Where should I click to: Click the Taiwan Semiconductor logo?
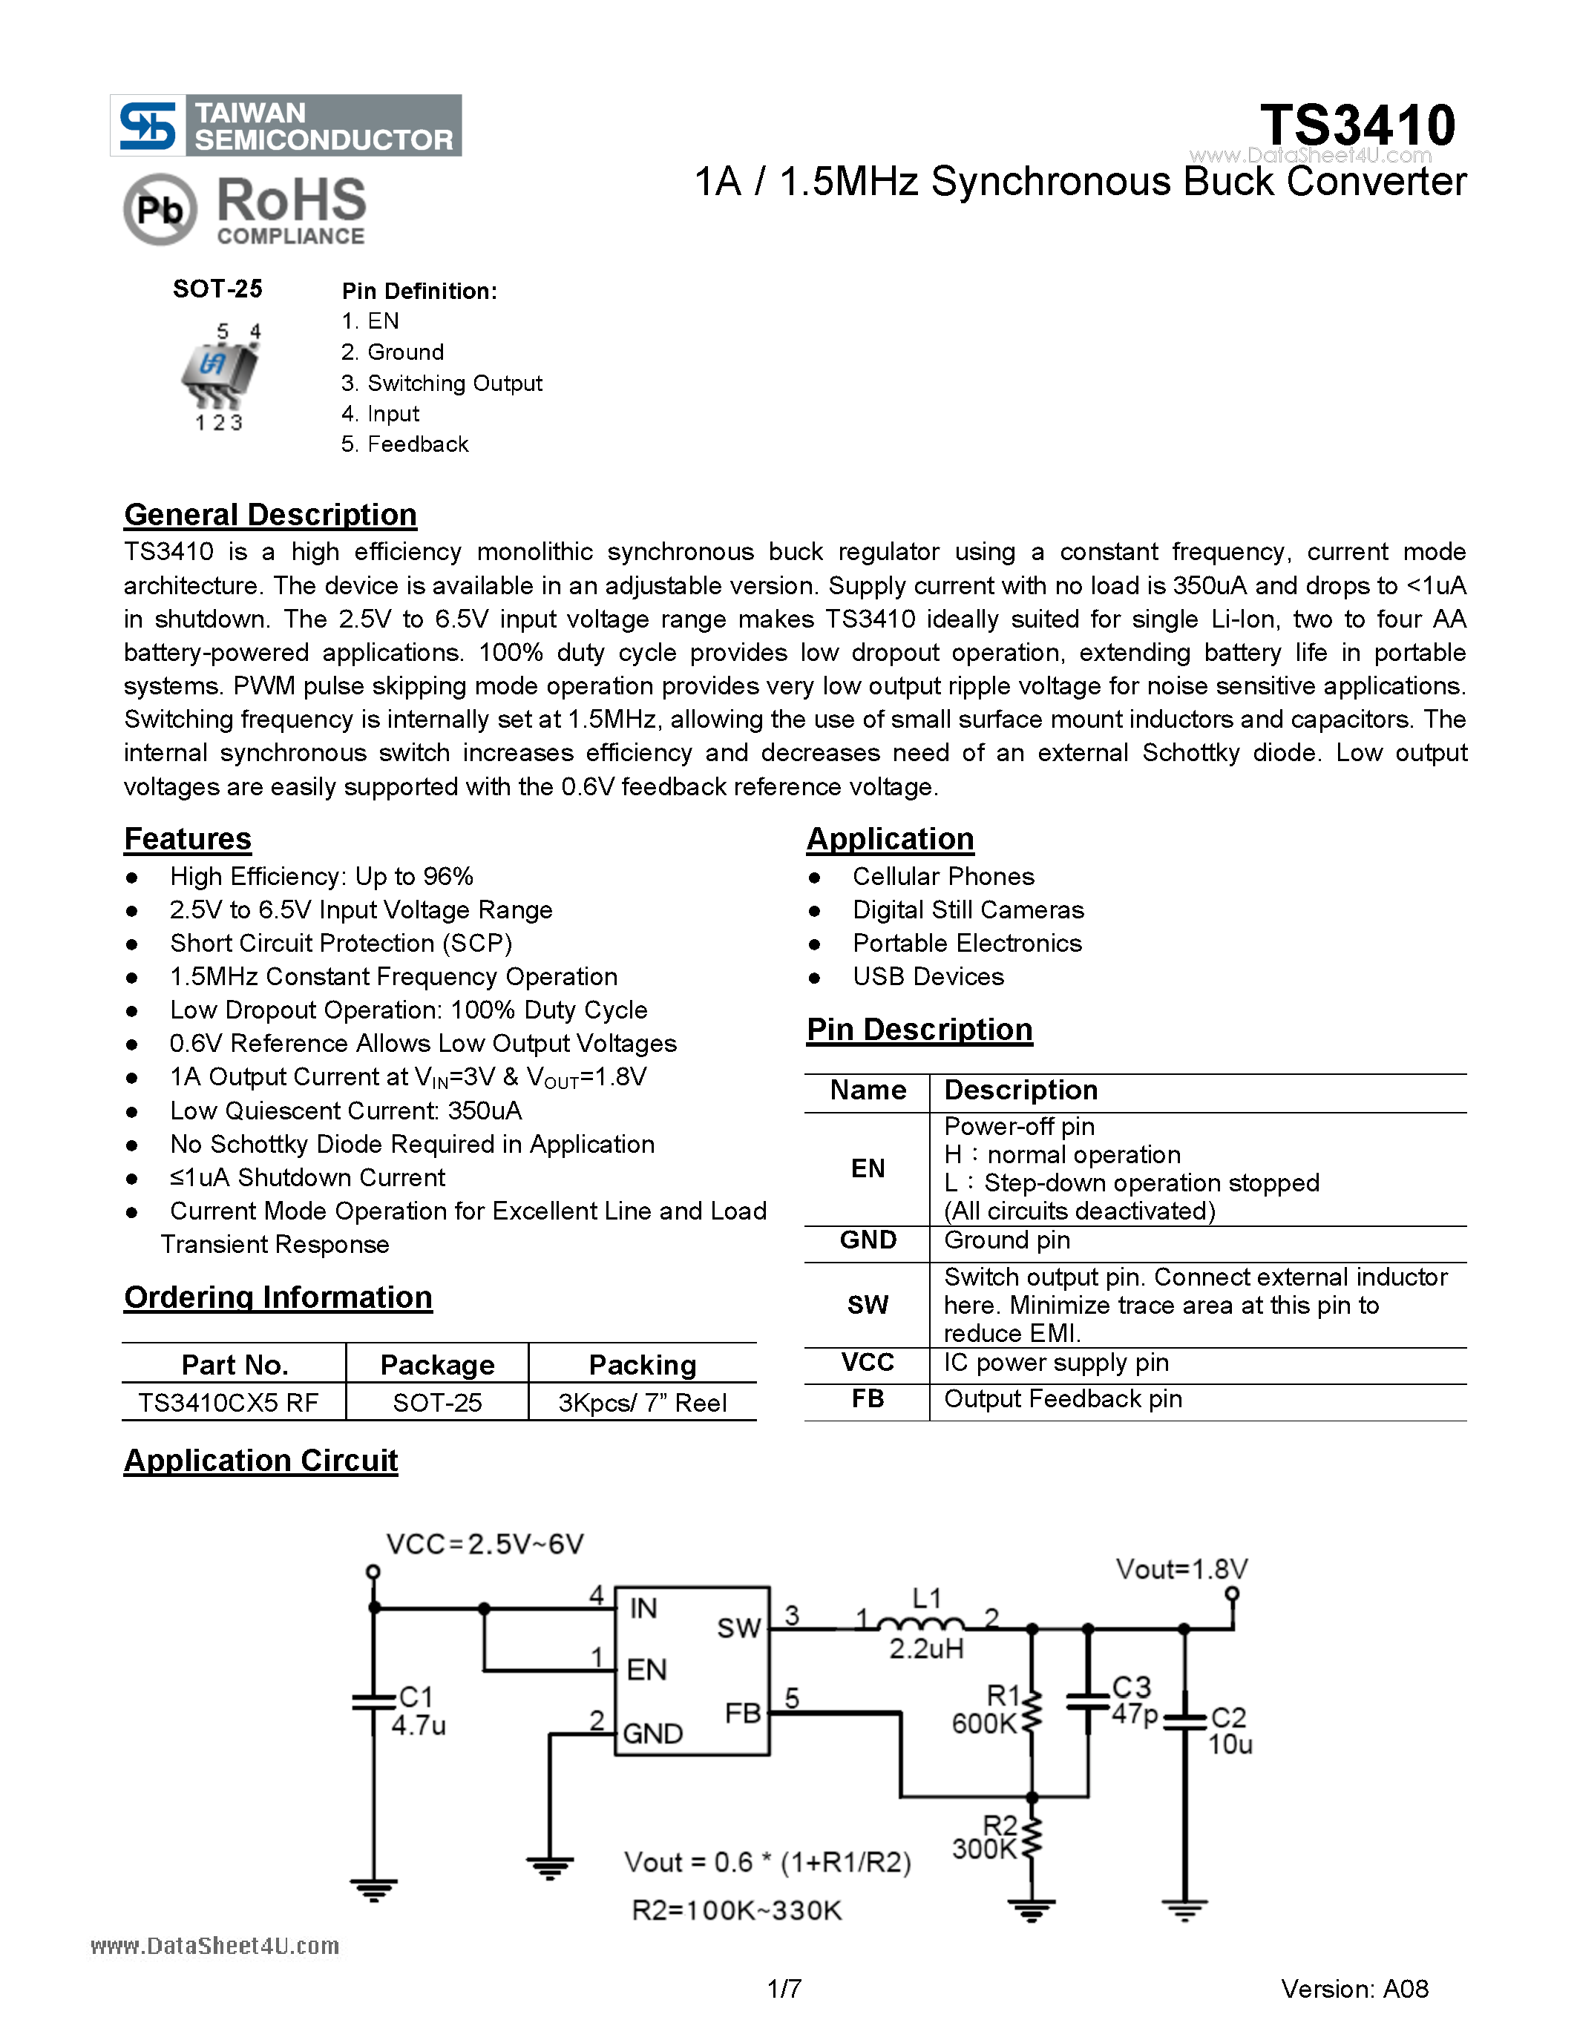(x=285, y=125)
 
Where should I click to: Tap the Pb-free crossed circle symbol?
(x=160, y=209)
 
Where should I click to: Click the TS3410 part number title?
(x=1357, y=125)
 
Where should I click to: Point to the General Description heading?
(x=270, y=515)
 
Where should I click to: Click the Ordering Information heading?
(x=278, y=1297)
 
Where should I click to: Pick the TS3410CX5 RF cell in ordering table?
(x=229, y=1403)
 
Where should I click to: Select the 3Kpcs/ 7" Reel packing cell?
(x=642, y=1403)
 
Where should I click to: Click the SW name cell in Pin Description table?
(x=867, y=1305)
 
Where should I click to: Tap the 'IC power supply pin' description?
(x=1056, y=1363)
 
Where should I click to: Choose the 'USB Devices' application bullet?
(x=928, y=977)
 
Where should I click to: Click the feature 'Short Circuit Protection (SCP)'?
(x=341, y=944)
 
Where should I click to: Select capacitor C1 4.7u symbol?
(x=374, y=1702)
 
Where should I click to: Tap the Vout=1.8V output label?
(x=1181, y=1569)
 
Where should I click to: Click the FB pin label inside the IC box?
(x=743, y=1712)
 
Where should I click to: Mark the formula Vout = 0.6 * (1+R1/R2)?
(x=767, y=1863)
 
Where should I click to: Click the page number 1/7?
(x=784, y=1989)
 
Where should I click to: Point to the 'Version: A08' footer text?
(x=1354, y=1989)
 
